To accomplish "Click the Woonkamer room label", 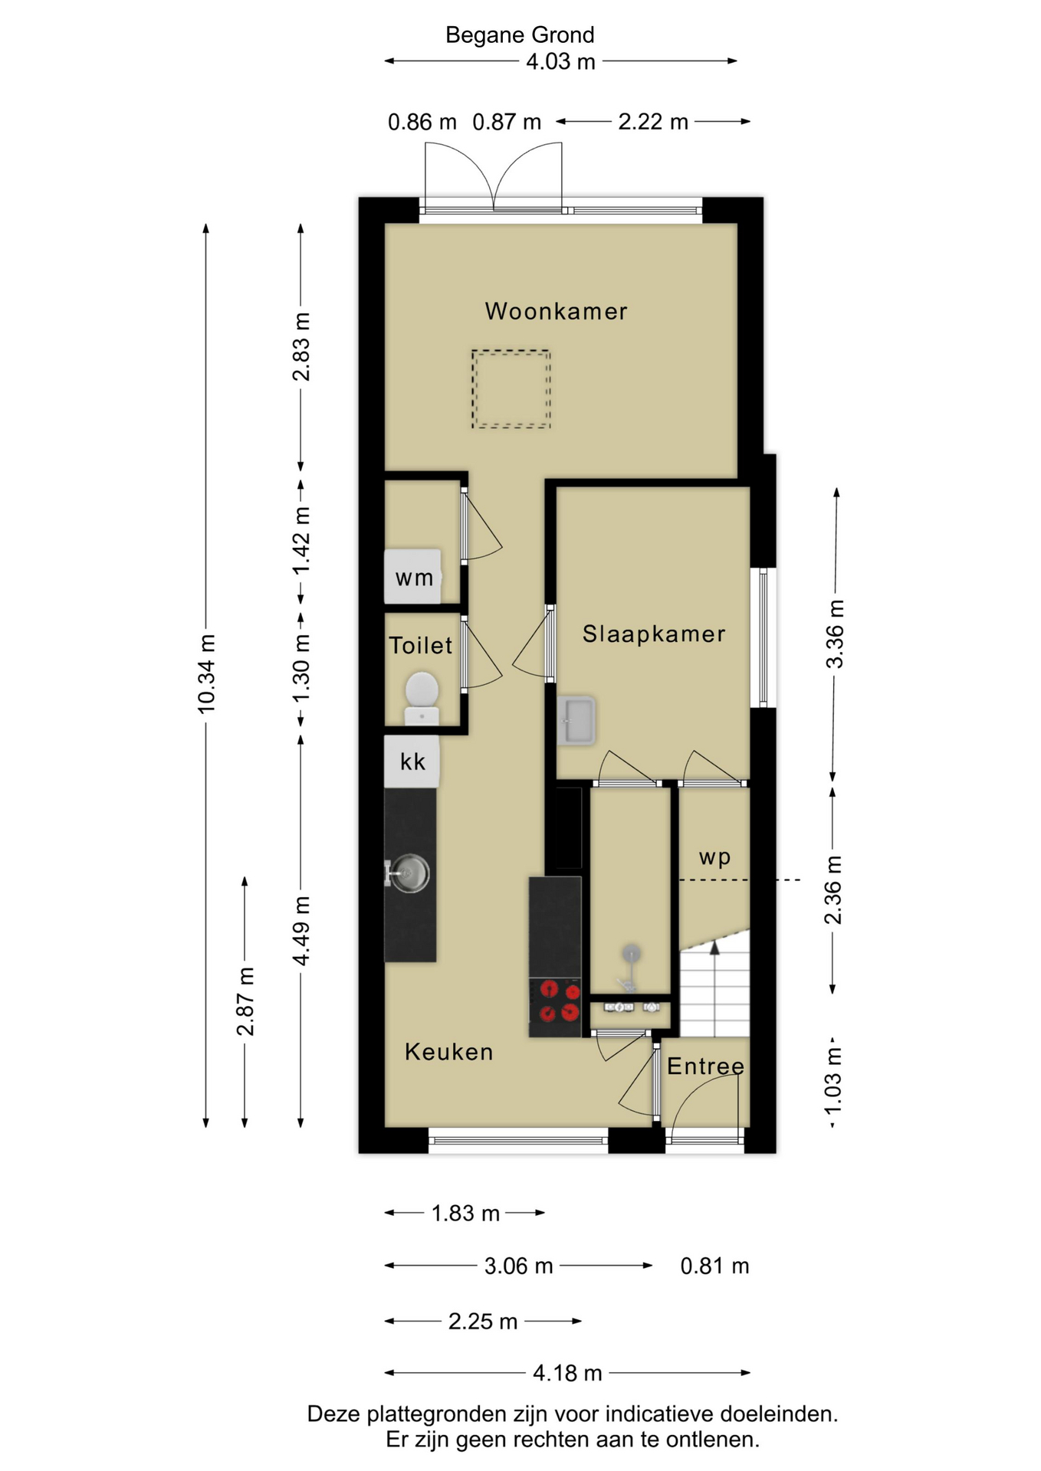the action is coord(556,311).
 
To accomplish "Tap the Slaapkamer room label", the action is coord(654,634).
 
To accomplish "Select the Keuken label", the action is coord(448,1052).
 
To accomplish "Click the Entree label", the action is coord(705,1066).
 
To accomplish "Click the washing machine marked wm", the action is coord(412,576).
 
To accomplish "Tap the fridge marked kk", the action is coord(412,761).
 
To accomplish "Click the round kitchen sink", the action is coord(411,873).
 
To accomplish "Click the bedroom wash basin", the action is coord(576,721).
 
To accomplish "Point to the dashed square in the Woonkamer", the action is coord(511,388).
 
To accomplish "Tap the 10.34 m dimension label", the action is coord(206,674).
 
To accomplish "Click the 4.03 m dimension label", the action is coord(560,61).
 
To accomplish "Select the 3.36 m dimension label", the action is coord(835,634).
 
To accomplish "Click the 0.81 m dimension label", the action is coord(714,1266).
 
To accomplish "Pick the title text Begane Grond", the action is coord(520,34).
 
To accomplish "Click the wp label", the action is coord(714,857).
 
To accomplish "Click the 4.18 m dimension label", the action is coord(567,1373).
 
